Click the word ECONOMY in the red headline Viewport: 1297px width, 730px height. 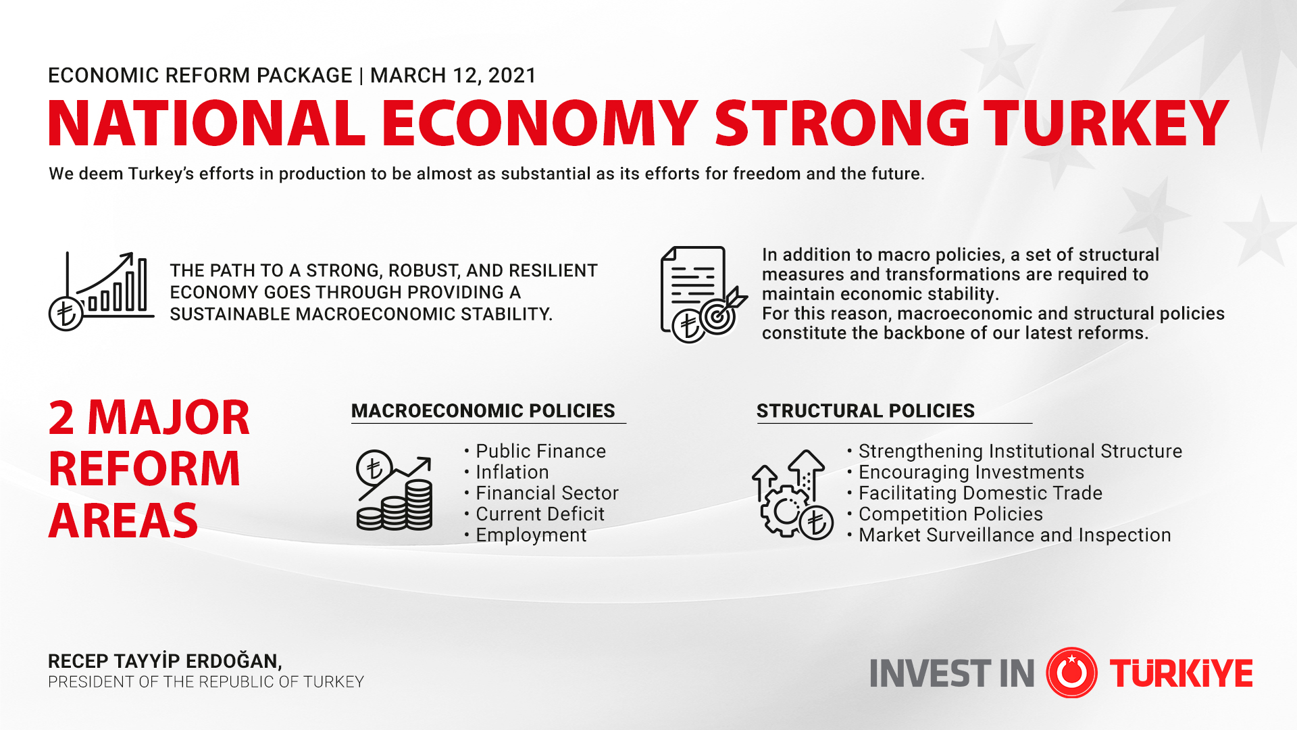pyautogui.click(x=539, y=124)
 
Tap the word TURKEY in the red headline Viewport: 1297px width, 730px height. pyautogui.click(x=1105, y=124)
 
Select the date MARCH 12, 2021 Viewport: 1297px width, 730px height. pyautogui.click(x=453, y=75)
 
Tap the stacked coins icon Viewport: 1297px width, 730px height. pyautogui.click(x=395, y=491)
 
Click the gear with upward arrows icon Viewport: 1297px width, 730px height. pyautogui.click(x=792, y=494)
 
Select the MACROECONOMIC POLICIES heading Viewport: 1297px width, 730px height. pyautogui.click(x=483, y=410)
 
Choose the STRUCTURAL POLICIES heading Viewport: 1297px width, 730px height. pyautogui.click(x=865, y=410)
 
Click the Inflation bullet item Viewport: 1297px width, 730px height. pyautogui.click(x=512, y=472)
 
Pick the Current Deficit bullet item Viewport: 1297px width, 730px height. pyautogui.click(x=540, y=514)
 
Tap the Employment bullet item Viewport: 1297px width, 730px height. pyautogui.click(x=531, y=535)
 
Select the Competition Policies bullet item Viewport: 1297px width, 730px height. pyautogui.click(x=950, y=514)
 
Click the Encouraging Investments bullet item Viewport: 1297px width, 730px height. pyautogui.click(x=971, y=472)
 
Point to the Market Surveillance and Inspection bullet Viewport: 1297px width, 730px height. pyautogui.click(x=1014, y=535)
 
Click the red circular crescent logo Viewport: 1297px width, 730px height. pyautogui.click(x=1071, y=673)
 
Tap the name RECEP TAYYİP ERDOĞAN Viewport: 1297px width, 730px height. pyautogui.click(x=165, y=660)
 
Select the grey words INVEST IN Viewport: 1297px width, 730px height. pyautogui.click(x=952, y=673)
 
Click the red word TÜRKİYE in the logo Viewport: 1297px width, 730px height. pyautogui.click(x=1181, y=673)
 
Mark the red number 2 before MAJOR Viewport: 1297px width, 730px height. pyautogui.click(x=61, y=418)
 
